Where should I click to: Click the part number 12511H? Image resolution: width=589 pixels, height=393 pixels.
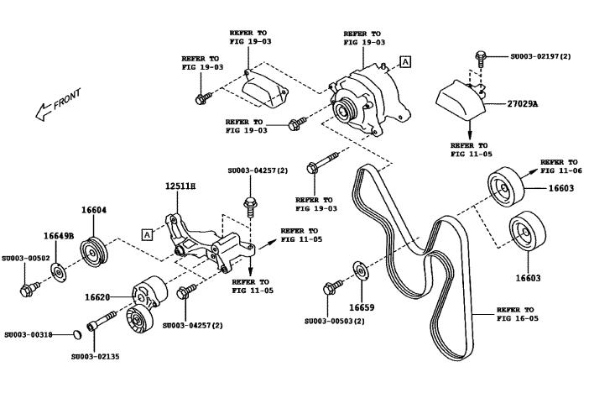(x=180, y=186)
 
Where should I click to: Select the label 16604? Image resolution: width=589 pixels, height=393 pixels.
(x=94, y=211)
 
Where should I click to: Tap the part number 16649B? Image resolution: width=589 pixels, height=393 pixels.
(x=59, y=237)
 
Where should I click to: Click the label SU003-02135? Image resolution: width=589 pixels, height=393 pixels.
(x=95, y=356)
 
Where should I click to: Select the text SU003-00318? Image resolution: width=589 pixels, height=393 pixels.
(x=29, y=334)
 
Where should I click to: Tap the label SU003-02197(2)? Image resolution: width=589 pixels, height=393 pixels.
(x=540, y=56)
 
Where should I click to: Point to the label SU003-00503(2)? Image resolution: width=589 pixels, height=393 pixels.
(x=335, y=322)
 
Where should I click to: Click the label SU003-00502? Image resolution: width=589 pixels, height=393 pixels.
(x=26, y=259)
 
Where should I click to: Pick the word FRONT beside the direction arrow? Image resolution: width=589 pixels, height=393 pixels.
(x=66, y=103)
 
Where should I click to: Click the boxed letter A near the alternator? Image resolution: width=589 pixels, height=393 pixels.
(x=406, y=62)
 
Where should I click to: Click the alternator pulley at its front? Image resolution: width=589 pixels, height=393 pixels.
(x=343, y=109)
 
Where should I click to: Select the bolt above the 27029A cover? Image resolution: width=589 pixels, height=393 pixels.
(x=480, y=56)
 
